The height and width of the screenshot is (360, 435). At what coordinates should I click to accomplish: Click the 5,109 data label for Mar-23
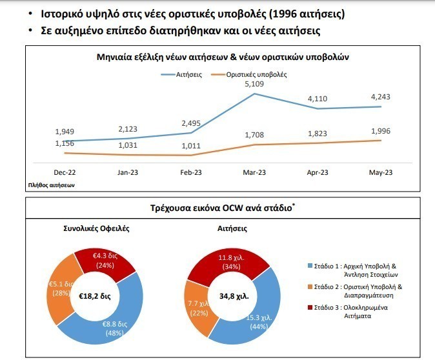(x=254, y=85)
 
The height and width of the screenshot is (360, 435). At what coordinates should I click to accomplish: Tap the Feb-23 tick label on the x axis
(x=192, y=173)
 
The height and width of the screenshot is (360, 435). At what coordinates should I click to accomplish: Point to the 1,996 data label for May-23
(x=381, y=131)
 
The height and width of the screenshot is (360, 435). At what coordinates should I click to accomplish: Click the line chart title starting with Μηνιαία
(x=223, y=57)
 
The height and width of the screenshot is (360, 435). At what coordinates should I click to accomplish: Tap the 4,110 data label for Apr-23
(x=318, y=99)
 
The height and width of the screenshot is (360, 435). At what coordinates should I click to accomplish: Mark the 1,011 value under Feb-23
(x=192, y=146)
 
